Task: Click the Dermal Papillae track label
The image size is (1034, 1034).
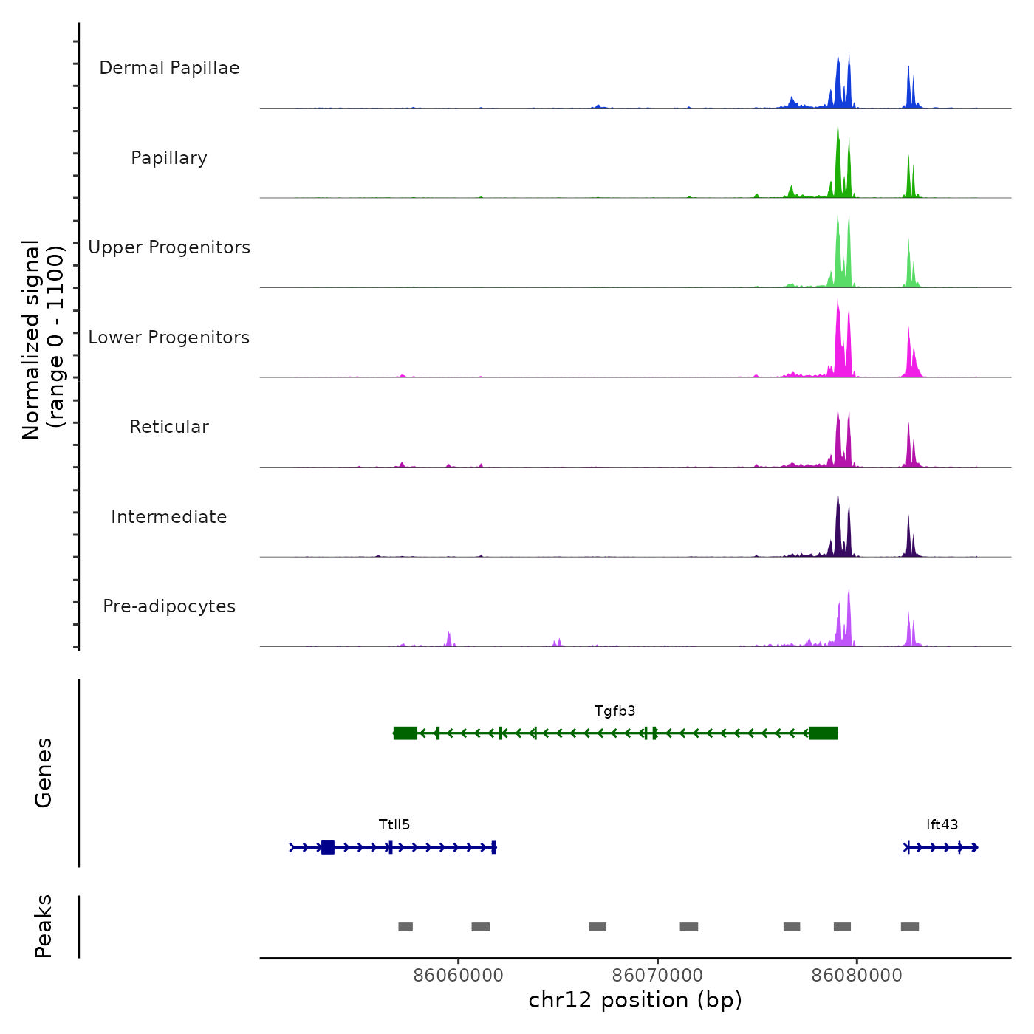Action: pyautogui.click(x=169, y=68)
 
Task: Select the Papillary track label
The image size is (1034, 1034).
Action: pyautogui.click(x=169, y=158)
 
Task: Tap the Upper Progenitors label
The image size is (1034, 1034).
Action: pyautogui.click(x=169, y=247)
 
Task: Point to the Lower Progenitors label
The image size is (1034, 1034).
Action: pyautogui.click(x=169, y=338)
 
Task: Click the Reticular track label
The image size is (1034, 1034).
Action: pyautogui.click(x=169, y=427)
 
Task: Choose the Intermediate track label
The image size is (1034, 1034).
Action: pyautogui.click(x=169, y=517)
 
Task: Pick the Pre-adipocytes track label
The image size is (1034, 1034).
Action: pyautogui.click(x=169, y=606)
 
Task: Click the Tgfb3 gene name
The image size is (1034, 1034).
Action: pyautogui.click(x=614, y=711)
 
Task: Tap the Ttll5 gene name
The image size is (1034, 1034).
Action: pyautogui.click(x=394, y=825)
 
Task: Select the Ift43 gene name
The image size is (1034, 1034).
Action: pyautogui.click(x=942, y=825)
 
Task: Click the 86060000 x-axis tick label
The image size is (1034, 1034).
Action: pyautogui.click(x=458, y=976)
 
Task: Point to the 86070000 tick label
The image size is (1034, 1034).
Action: pyautogui.click(x=657, y=976)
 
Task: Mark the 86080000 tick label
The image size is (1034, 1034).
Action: pyautogui.click(x=857, y=976)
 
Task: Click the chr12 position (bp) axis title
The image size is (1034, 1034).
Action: pyautogui.click(x=635, y=1000)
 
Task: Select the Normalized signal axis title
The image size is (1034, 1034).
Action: pyautogui.click(x=43, y=340)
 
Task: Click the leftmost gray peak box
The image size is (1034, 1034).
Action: pyautogui.click(x=405, y=927)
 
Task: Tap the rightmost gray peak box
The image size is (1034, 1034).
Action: pyautogui.click(x=910, y=927)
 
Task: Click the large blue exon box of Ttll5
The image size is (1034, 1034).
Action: pyautogui.click(x=328, y=847)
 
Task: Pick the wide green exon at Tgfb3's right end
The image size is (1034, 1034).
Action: pyautogui.click(x=823, y=733)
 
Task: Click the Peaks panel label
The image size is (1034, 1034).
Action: pyautogui.click(x=44, y=926)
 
